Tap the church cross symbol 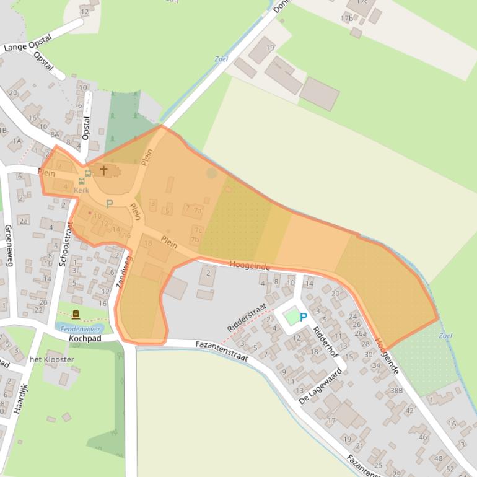point(103,170)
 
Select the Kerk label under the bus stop point(81,190)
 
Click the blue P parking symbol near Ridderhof point(304,317)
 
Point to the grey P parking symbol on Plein point(110,204)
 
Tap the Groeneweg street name point(9,245)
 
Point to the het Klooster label point(52,359)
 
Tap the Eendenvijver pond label point(81,330)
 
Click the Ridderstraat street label point(247,317)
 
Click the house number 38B point(396,390)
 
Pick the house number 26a point(361,333)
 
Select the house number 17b point(346,19)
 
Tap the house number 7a point(198,210)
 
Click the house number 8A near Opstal point(55,134)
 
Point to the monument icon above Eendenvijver point(76,315)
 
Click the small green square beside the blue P point(291,318)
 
